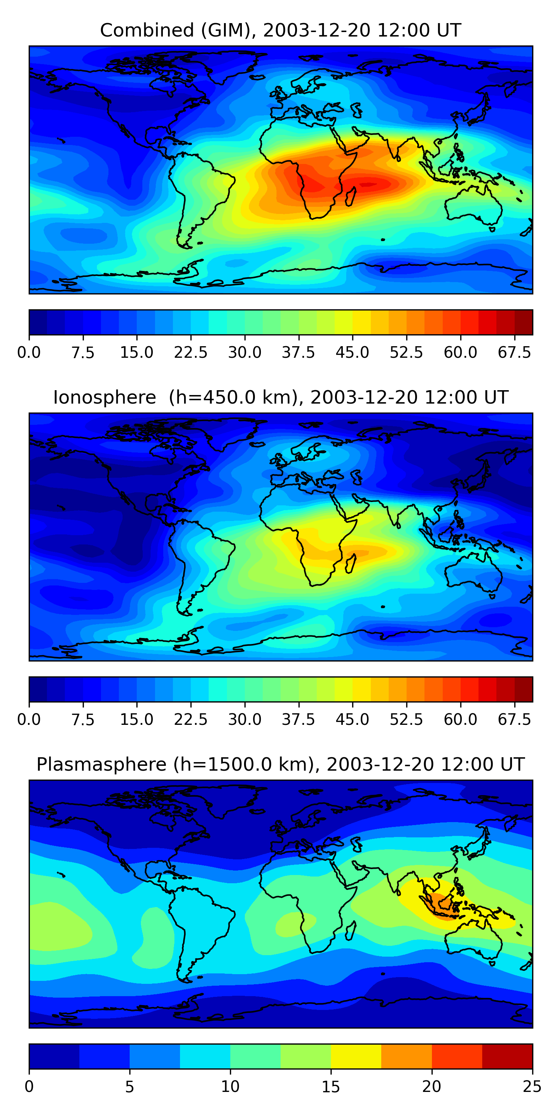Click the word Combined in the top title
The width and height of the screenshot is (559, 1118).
(x=147, y=31)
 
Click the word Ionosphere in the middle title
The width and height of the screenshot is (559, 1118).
(x=104, y=398)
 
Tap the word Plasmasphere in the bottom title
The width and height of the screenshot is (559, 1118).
(x=101, y=764)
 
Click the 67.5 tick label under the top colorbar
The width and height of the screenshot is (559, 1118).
(x=514, y=353)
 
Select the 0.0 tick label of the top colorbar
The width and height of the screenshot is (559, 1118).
(x=29, y=353)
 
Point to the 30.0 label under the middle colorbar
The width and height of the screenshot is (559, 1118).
(x=245, y=720)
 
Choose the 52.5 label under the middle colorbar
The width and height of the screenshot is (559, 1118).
(x=406, y=720)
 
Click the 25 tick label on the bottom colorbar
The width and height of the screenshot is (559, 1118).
(x=532, y=1087)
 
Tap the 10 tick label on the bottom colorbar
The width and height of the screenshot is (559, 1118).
(x=230, y=1087)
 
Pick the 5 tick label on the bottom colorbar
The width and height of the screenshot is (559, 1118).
(x=129, y=1087)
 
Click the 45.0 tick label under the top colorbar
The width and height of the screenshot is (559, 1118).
(x=353, y=353)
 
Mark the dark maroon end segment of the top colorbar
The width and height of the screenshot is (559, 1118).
(x=524, y=322)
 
